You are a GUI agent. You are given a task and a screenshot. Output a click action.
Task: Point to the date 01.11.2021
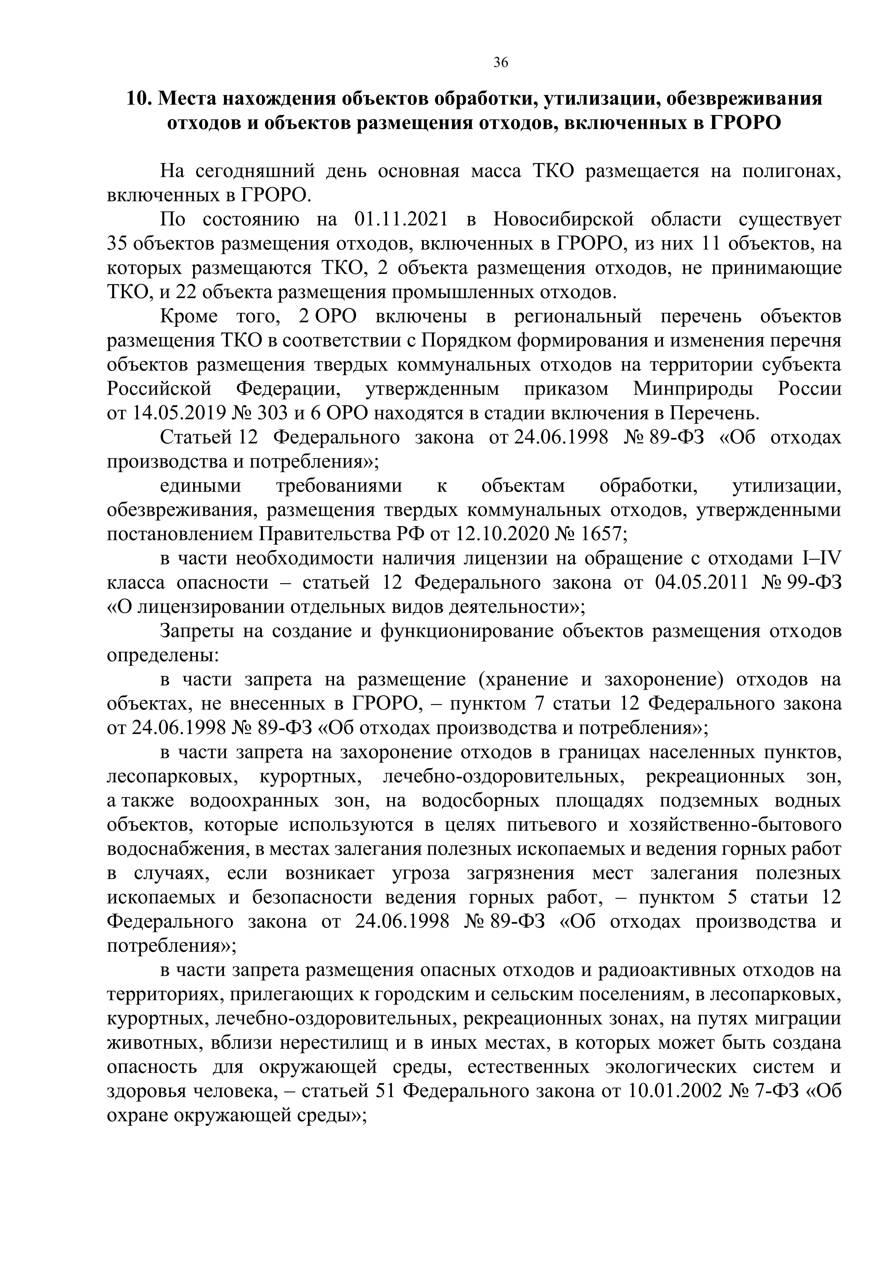click(x=401, y=219)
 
